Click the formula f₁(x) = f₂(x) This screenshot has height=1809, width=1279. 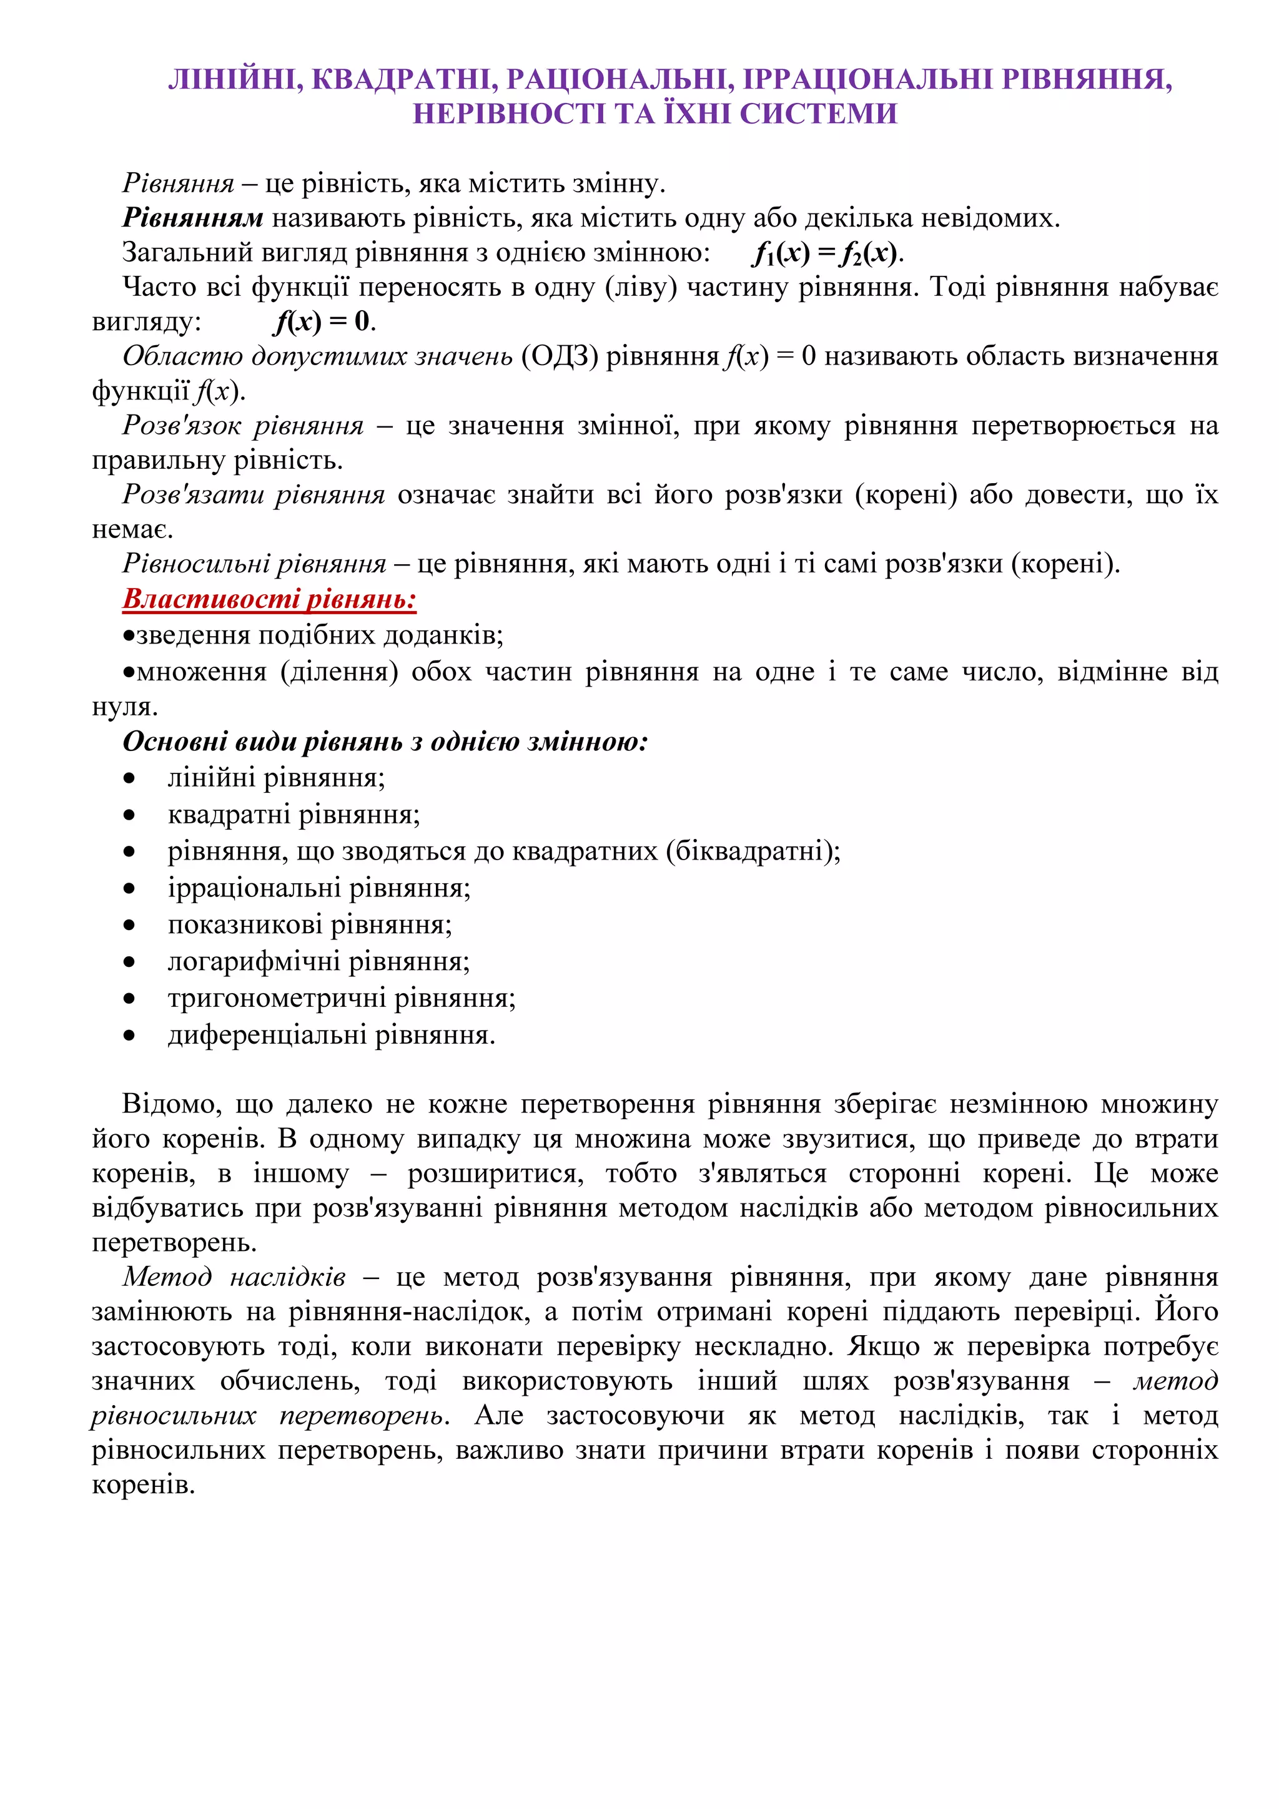(827, 252)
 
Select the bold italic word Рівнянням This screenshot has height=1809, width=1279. (193, 217)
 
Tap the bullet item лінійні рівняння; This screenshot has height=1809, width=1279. (276, 778)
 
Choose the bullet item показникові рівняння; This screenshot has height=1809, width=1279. (310, 924)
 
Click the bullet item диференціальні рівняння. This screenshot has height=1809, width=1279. (331, 1034)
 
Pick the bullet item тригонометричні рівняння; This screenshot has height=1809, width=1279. (341, 998)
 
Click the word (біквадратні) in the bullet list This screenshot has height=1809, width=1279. (753, 851)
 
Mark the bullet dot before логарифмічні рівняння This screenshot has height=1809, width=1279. (129, 962)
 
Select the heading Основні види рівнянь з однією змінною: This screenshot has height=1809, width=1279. (385, 742)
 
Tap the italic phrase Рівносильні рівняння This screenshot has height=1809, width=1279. (254, 563)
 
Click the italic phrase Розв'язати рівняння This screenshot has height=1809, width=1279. (253, 494)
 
